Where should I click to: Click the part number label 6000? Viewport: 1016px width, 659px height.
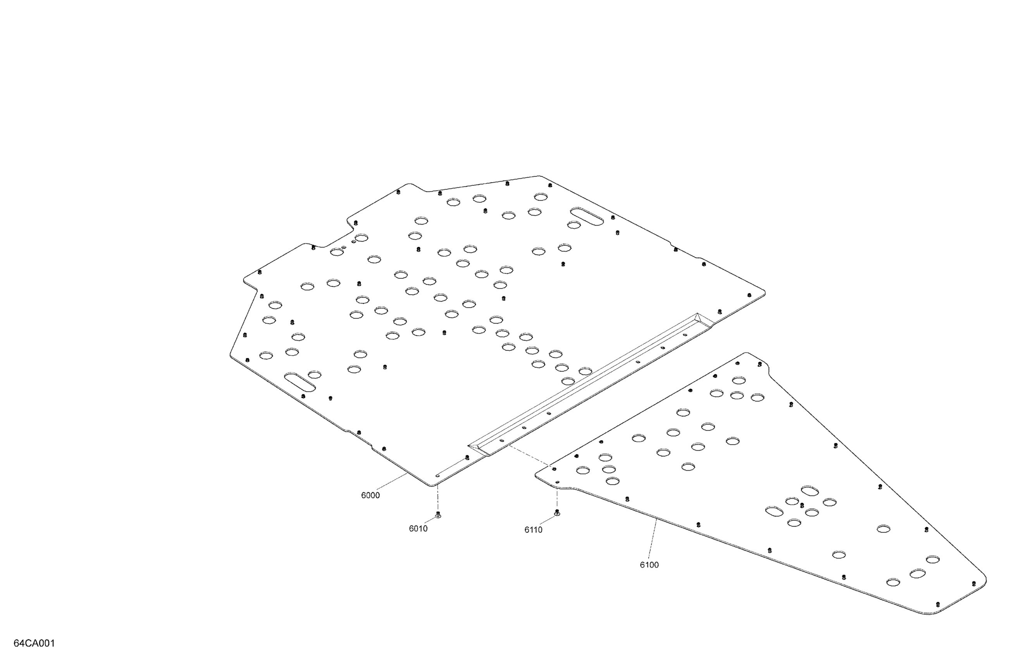click(370, 495)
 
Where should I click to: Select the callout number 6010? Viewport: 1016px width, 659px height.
click(418, 529)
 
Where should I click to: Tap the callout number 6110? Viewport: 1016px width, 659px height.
click(533, 530)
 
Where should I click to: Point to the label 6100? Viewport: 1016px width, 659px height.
click(649, 565)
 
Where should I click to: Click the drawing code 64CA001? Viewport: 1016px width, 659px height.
click(34, 643)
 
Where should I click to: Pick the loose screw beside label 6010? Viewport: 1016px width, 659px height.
click(437, 514)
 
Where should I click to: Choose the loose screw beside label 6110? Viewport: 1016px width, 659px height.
click(557, 512)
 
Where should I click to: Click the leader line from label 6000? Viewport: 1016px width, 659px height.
click(391, 482)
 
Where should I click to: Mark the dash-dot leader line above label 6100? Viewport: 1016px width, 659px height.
click(652, 538)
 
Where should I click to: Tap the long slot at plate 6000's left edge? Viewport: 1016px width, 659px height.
click(300, 381)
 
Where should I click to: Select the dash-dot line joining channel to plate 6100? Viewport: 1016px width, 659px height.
click(529, 455)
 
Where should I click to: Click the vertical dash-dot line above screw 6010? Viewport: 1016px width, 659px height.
click(437, 498)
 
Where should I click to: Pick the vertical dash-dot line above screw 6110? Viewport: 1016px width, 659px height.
click(557, 499)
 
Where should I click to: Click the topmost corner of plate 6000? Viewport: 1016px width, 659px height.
click(539, 176)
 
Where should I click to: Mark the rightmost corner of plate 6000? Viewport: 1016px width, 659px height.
click(765, 293)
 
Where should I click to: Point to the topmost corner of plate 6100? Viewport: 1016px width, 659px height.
click(746, 353)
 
